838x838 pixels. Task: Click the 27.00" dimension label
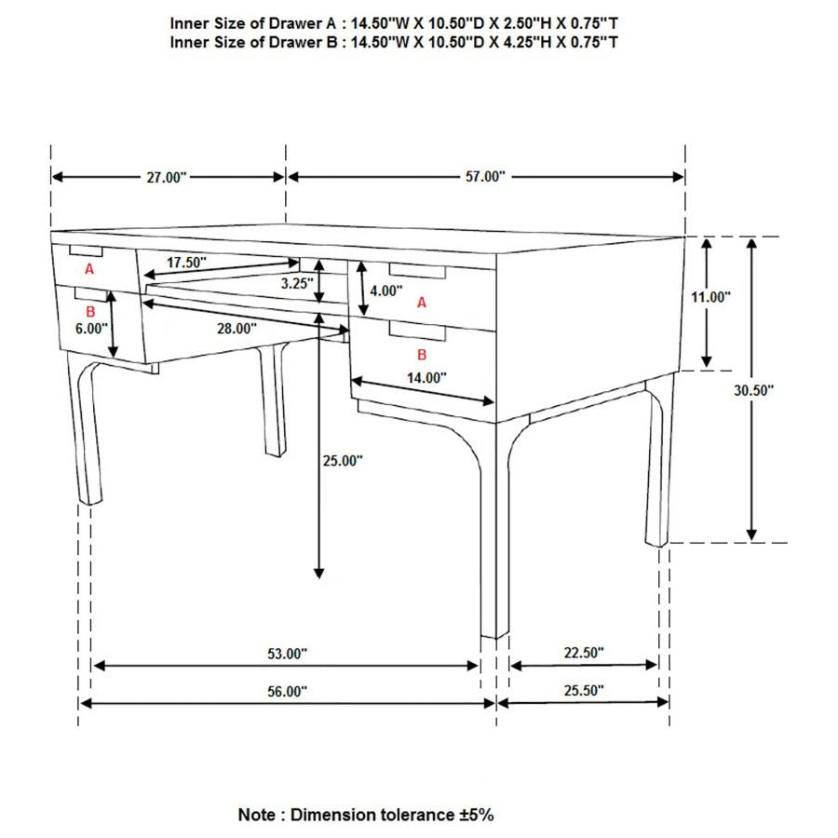(x=167, y=177)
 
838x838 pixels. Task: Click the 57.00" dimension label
(x=484, y=177)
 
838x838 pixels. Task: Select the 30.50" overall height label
(x=753, y=391)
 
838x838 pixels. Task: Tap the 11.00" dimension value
(x=710, y=297)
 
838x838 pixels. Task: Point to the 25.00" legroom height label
(x=343, y=460)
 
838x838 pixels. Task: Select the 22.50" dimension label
(x=584, y=654)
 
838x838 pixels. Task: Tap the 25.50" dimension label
(x=584, y=690)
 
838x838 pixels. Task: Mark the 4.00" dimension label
(x=385, y=291)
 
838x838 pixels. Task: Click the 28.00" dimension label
(x=237, y=328)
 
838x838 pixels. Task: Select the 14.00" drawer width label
(x=426, y=377)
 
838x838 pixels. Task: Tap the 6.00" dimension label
(x=92, y=329)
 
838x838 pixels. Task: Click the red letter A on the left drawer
(x=89, y=269)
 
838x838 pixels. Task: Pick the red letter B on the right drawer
(x=422, y=355)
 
